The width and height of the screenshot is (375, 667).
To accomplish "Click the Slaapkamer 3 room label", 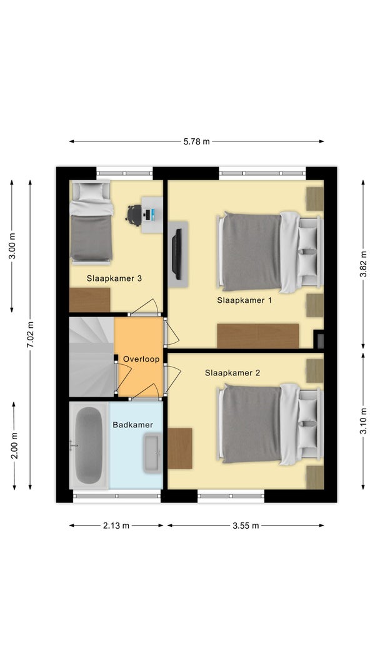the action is (x=114, y=278).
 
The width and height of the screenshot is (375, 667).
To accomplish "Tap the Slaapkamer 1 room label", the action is (x=244, y=300).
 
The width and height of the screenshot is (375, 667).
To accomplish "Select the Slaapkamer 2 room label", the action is (x=232, y=373).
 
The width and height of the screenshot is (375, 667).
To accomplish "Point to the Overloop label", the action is (x=141, y=359).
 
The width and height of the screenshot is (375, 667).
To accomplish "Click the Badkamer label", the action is (x=133, y=424).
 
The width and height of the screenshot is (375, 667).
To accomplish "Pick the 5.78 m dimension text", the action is (x=197, y=141).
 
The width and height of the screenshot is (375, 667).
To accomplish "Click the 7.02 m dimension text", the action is (x=30, y=334).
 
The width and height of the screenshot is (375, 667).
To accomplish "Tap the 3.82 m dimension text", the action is (x=363, y=264).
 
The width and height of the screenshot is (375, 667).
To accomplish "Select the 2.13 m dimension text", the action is (x=116, y=526).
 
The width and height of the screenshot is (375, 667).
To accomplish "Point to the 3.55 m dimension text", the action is (x=246, y=526).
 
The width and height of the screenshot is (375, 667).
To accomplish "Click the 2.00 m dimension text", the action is (x=14, y=446).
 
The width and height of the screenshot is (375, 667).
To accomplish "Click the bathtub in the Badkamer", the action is (x=89, y=446).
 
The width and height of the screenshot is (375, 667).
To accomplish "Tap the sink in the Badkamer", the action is (x=152, y=453).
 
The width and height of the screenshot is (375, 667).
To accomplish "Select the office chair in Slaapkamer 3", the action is (x=134, y=215).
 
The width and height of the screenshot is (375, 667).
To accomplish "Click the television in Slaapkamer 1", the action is (x=177, y=255).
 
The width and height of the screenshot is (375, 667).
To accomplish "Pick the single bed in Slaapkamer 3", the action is (x=91, y=222).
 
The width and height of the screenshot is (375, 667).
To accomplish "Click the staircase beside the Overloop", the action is (x=92, y=357).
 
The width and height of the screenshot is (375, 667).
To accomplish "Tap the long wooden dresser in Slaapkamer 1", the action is (x=257, y=336).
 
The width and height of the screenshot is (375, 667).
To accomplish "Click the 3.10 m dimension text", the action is (x=363, y=421).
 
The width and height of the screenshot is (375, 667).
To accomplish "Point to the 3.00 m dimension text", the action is (x=12, y=246).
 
